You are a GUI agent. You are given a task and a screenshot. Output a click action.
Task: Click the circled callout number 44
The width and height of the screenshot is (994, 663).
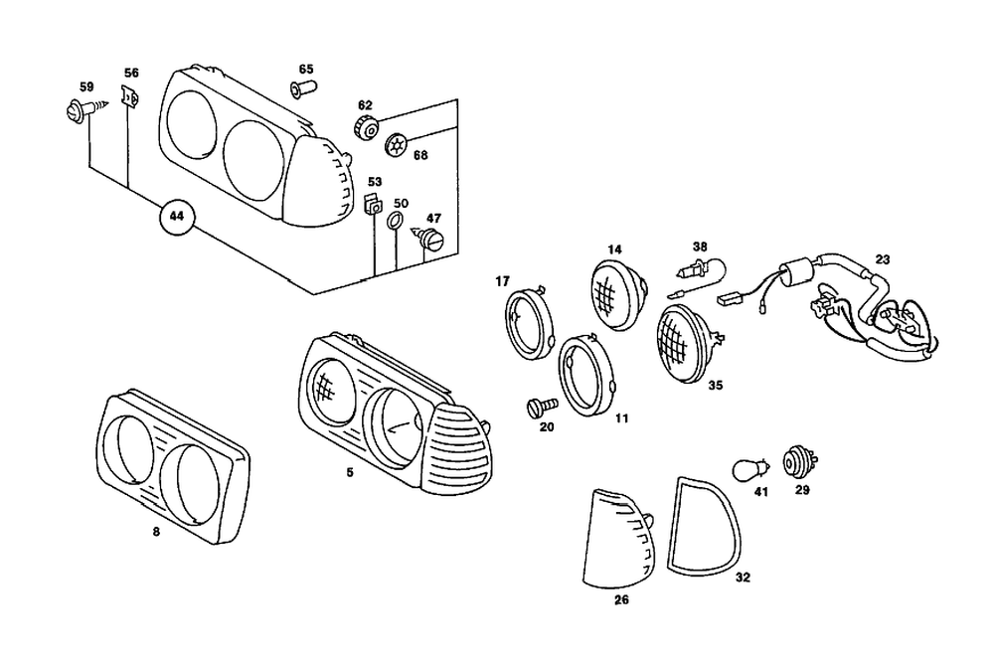[x=177, y=216]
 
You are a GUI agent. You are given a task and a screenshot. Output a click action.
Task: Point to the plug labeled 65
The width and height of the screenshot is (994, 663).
[x=302, y=89]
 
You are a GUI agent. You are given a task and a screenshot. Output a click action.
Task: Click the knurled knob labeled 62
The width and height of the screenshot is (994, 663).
[x=365, y=127]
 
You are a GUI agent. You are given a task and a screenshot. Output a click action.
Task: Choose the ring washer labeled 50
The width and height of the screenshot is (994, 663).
[x=395, y=221]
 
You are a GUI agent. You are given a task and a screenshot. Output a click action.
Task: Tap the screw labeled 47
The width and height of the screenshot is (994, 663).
[x=430, y=239]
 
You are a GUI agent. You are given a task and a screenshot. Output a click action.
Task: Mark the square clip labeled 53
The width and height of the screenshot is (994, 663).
[x=374, y=207]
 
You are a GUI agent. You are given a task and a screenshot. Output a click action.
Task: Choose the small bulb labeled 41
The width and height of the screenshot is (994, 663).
[x=748, y=467]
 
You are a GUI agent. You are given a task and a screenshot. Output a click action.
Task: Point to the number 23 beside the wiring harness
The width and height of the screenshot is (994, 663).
[x=883, y=259]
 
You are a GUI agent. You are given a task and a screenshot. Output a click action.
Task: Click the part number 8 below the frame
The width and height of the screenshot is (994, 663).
[x=156, y=532]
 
